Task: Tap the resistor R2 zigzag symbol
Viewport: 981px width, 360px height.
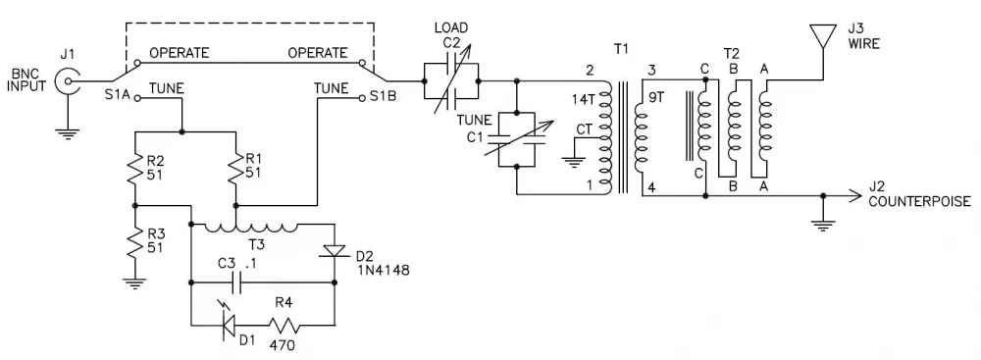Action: [x=135, y=168]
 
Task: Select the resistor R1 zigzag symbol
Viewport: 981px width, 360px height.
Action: [x=236, y=168]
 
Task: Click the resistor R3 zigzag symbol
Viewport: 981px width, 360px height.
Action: [x=135, y=244]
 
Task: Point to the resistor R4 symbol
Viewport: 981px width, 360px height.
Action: [x=284, y=326]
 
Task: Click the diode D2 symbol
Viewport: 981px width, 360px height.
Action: [x=335, y=250]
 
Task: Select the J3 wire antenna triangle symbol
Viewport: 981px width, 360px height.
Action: [x=822, y=34]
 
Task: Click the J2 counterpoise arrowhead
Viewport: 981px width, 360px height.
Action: [x=855, y=195]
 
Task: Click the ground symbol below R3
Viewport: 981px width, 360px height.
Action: [x=135, y=283]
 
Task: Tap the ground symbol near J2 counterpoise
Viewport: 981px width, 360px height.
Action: [x=822, y=225]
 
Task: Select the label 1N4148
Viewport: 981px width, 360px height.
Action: [x=383, y=271]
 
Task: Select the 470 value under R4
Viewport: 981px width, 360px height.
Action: [x=283, y=345]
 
